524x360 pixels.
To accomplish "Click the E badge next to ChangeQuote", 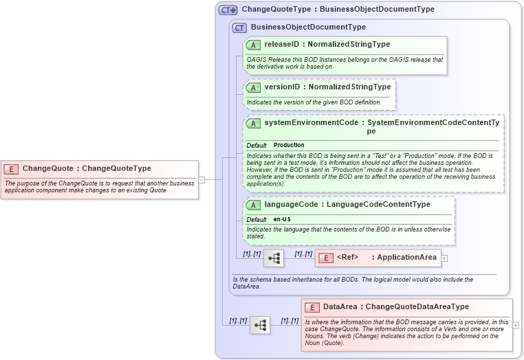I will point(12,168).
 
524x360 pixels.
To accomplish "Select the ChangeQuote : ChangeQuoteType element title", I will point(87,168).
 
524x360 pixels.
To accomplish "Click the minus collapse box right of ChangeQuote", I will point(201,180).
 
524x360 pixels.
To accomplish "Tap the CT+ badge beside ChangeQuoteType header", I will point(228,10).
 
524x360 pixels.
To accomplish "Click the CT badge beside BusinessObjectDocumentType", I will point(239,27).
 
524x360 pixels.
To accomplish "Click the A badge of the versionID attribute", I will point(253,87).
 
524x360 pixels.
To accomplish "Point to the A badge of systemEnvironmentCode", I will point(253,123).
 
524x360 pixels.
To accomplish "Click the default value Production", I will point(289,145).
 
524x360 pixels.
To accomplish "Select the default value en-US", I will point(282,219).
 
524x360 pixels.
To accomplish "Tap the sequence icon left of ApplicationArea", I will point(273,258).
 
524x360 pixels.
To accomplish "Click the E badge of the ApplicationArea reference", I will point(327,258).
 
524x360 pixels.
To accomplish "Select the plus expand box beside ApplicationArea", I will point(444,258).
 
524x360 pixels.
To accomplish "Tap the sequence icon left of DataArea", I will point(259,325).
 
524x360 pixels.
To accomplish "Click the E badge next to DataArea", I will point(312,307).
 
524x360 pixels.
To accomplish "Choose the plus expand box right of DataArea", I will point(516,325).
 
